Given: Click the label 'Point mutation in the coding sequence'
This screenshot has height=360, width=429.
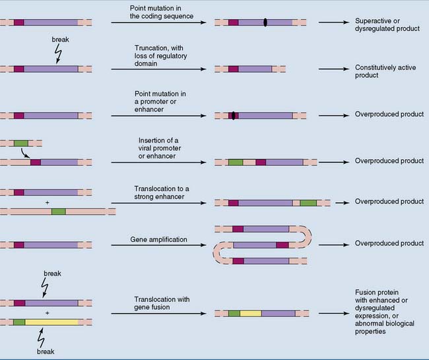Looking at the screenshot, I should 163,11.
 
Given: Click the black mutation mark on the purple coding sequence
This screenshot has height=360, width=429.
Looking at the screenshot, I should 265,22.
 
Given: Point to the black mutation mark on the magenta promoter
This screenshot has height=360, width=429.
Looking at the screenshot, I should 233,116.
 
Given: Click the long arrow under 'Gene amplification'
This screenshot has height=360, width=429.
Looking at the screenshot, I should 158,246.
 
